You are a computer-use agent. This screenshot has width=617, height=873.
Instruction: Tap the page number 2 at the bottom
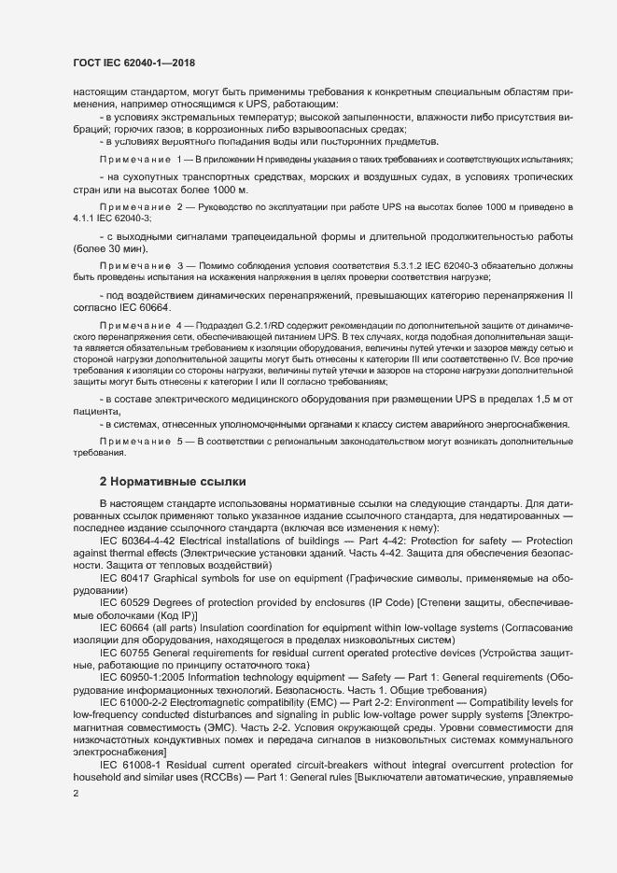pos(76,794)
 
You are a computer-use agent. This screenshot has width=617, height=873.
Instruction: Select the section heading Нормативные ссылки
pos(173,482)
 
